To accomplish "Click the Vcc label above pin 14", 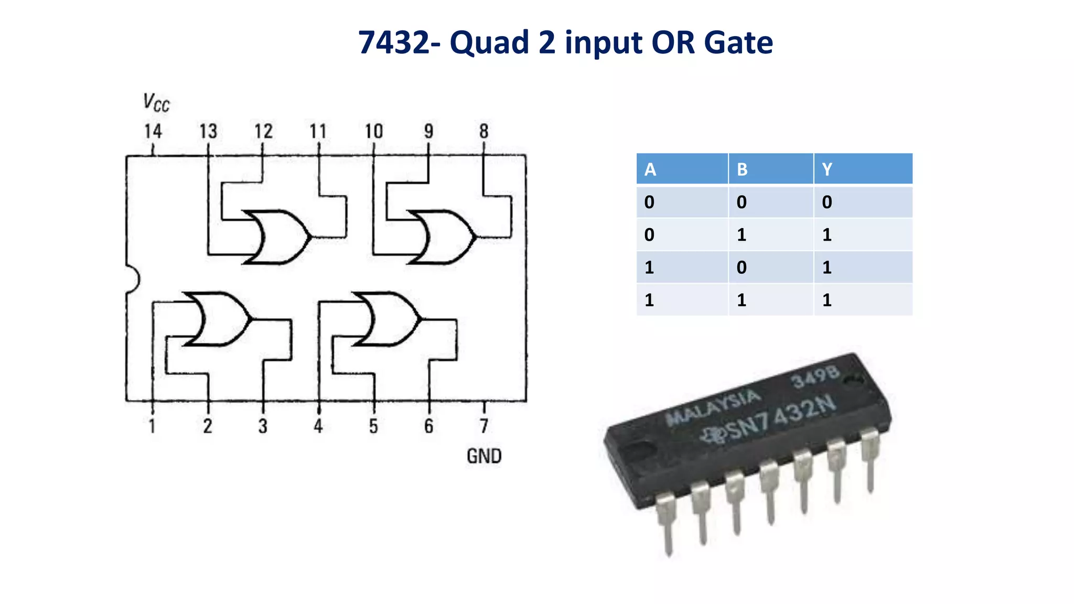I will point(156,103).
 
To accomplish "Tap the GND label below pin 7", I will point(484,456).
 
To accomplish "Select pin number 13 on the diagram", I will point(208,131).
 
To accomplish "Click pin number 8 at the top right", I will point(484,131).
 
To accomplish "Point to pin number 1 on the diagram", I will point(152,426).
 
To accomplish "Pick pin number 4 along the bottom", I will point(318,426).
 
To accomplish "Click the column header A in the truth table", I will point(650,169).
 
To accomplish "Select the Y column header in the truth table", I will point(827,169).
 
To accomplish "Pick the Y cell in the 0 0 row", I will point(827,202).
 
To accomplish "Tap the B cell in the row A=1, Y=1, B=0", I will point(742,267).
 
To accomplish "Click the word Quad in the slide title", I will point(489,43).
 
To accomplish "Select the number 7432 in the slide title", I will point(393,43).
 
